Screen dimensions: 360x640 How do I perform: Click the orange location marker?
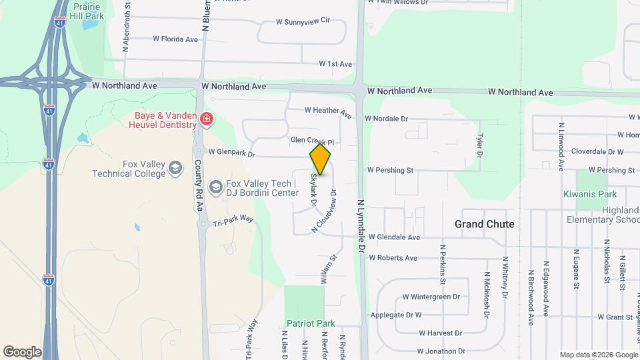pyautogui.click(x=320, y=159)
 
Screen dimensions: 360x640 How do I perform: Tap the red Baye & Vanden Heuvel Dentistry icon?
pyautogui.click(x=206, y=120)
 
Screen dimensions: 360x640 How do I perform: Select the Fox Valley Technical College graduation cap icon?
pyautogui.click(x=175, y=167)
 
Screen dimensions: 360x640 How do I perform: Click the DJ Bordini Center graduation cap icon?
pyautogui.click(x=216, y=187)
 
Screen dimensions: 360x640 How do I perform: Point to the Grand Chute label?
pyautogui.click(x=484, y=224)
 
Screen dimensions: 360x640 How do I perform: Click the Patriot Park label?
pyautogui.click(x=311, y=323)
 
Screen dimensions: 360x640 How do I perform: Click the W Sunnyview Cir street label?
pyautogui.click(x=303, y=21)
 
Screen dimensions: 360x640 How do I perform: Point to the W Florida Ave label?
pyautogui.click(x=175, y=39)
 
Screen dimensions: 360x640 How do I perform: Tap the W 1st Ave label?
pyautogui.click(x=335, y=64)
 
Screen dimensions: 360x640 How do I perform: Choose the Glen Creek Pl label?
pyautogui.click(x=311, y=141)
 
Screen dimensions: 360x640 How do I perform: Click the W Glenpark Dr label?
pyautogui.click(x=232, y=153)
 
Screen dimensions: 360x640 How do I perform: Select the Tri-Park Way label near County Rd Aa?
pyautogui.click(x=233, y=219)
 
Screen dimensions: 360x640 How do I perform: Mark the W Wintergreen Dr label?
pyautogui.click(x=431, y=297)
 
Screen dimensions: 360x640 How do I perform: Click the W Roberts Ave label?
pyautogui.click(x=393, y=257)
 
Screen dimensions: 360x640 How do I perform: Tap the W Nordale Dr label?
pyautogui.click(x=386, y=119)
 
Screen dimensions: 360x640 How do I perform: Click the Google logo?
pyautogui.click(x=22, y=351)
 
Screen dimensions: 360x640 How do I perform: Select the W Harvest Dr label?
pyautogui.click(x=440, y=333)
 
